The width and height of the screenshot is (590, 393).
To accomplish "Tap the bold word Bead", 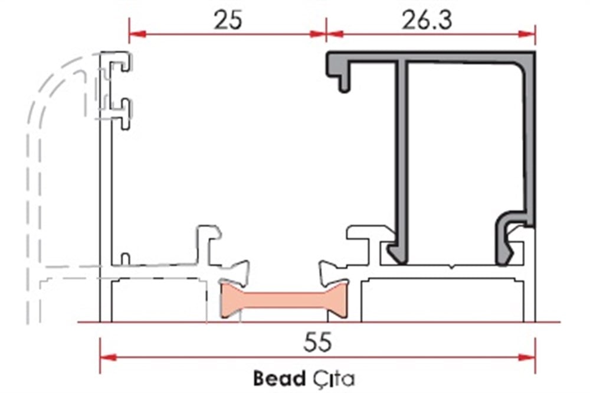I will [x=279, y=378].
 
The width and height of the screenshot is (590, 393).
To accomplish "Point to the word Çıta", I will [x=333, y=378].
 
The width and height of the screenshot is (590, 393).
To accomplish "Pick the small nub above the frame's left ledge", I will [x=124, y=258].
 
